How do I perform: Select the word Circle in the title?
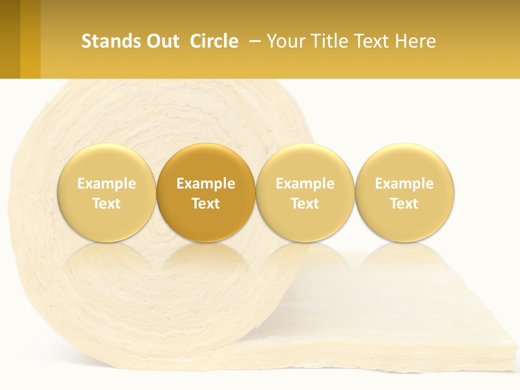point(214,41)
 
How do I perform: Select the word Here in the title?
point(415,41)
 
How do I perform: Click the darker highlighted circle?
point(206,193)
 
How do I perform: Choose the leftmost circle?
point(106,193)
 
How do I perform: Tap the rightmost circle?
point(405,193)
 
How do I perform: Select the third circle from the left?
point(305,193)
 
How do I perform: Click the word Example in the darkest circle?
point(206,184)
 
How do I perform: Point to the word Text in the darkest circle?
point(206,204)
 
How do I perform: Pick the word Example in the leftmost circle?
point(106,184)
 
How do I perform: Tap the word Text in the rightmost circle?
point(405,204)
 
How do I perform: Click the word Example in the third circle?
point(305,184)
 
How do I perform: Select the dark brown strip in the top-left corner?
point(10,39)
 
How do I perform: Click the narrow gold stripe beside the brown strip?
point(30,39)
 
